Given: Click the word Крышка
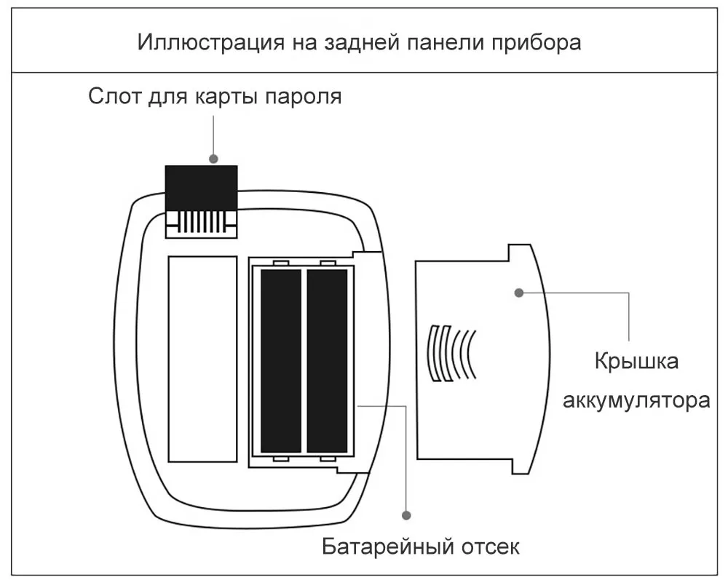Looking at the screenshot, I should [x=636, y=362].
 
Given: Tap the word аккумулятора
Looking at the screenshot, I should [x=636, y=401].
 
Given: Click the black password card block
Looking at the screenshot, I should [x=202, y=187].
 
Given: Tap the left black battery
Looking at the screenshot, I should [x=281, y=360].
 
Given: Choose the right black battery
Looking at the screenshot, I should [x=328, y=360].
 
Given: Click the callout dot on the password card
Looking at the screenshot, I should [x=214, y=157].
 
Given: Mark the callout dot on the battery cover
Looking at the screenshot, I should [x=519, y=293].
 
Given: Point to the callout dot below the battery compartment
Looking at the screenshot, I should [x=406, y=514].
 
